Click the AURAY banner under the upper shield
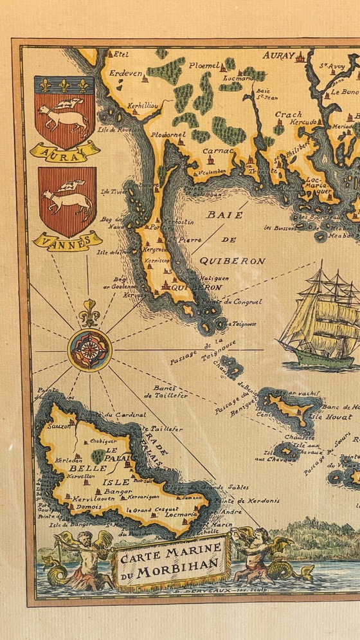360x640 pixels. (65, 151)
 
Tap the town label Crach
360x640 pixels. (288, 114)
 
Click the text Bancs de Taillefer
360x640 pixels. (170, 392)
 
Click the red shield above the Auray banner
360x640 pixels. (65, 112)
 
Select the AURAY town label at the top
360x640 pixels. (278, 56)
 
